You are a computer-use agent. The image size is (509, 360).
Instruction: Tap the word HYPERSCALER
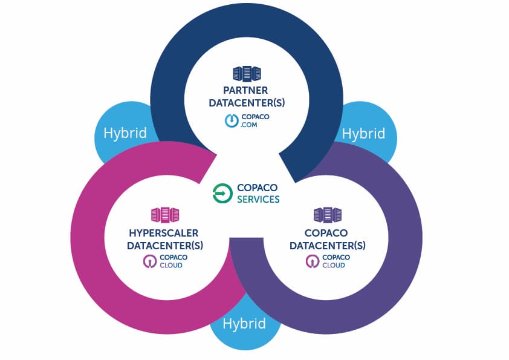pos(163,233)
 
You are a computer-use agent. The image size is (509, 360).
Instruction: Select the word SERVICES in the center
pos(258,200)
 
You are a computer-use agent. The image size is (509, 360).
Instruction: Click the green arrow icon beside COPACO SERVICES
pos(222,194)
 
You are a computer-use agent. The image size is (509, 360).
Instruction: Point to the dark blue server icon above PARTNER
pos(247,74)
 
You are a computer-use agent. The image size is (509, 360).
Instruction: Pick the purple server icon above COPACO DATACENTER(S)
pos(327,215)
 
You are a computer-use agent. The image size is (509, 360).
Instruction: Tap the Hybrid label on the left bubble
pos(125,133)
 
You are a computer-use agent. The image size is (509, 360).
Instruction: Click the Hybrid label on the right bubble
pos(363,133)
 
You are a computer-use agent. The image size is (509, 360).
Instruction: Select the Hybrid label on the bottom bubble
pos(244,324)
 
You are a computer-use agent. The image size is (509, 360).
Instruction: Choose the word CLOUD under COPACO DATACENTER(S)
pos(334,265)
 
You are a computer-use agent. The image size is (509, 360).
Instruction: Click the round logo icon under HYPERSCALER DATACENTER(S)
pos(149,261)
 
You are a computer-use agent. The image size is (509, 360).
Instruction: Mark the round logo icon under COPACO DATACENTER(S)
pos(312,261)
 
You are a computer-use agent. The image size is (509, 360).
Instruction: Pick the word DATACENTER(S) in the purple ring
pos(328,246)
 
